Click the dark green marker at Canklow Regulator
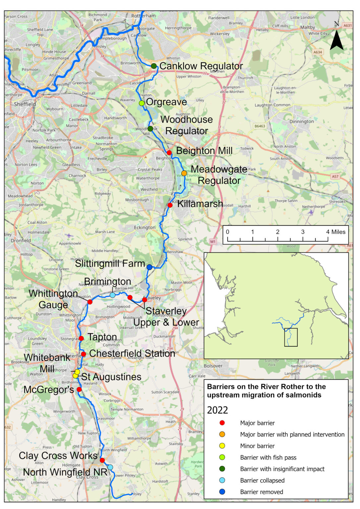[x=154, y=66]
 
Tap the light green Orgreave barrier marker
[x=142, y=103]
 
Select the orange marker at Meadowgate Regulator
[x=184, y=173]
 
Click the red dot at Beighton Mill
[x=169, y=152]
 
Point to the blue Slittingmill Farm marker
[x=150, y=267]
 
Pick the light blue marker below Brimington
[x=113, y=295]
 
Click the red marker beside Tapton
[x=81, y=338]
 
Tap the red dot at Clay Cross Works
[x=102, y=460]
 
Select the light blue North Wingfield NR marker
[x=110, y=467]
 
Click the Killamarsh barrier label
[x=200, y=204]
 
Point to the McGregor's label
[x=49, y=390]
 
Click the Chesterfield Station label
[x=132, y=354]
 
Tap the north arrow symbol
[x=336, y=40]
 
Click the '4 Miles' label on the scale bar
[x=335, y=232]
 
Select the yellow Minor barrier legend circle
[x=222, y=446]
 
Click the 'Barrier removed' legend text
[x=262, y=492]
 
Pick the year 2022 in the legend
[x=217, y=410]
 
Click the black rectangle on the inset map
[x=291, y=337]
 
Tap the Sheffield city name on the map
[x=25, y=104]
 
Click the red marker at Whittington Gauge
[x=90, y=302]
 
